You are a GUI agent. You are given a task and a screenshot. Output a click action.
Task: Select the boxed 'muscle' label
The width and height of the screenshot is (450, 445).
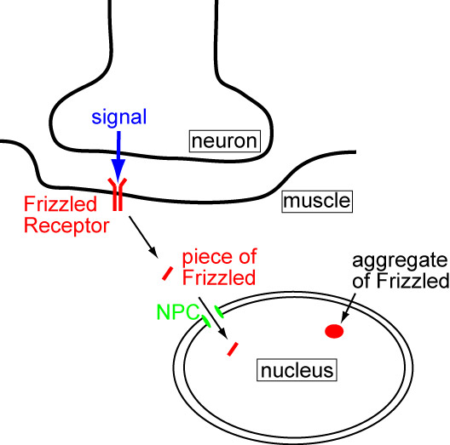[x=316, y=202]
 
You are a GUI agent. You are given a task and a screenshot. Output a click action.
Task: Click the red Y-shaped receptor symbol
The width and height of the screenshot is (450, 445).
[x=118, y=195]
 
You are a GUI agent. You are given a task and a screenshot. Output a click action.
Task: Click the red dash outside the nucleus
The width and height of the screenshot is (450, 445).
[x=168, y=274]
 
